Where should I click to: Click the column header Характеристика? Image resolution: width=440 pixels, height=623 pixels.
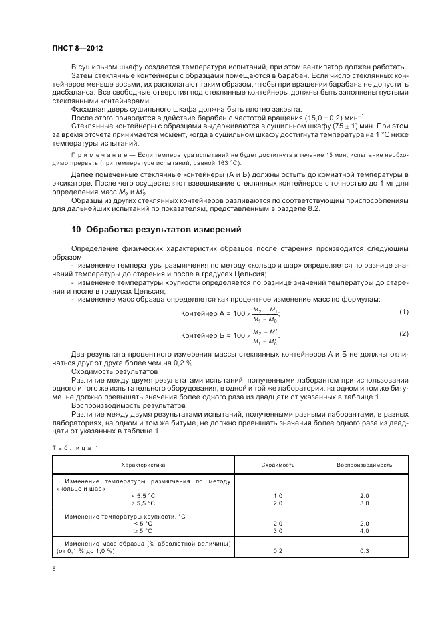click(x=143, y=464)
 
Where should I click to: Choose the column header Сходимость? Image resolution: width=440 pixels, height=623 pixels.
click(x=278, y=464)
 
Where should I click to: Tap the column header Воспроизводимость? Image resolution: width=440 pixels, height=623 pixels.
click(x=364, y=464)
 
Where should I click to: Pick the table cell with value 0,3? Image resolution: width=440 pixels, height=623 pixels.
click(x=364, y=551)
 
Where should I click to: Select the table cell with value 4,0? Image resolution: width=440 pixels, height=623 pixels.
click(x=364, y=532)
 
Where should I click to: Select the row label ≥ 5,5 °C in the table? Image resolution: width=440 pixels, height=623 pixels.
click(x=142, y=504)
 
